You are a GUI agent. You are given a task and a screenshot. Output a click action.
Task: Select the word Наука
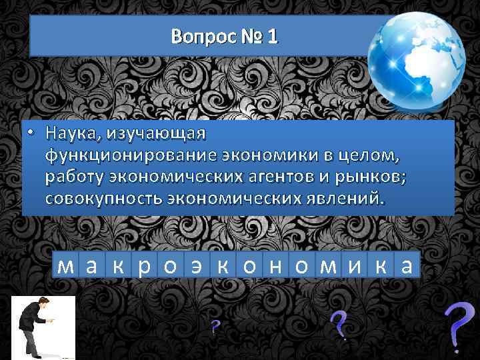70,133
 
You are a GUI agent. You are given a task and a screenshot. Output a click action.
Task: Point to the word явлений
343,198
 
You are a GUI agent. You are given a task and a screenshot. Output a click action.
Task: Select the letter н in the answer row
275,266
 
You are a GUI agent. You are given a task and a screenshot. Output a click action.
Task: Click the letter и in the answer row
353,266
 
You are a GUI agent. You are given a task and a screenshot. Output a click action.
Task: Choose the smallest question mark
215,327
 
